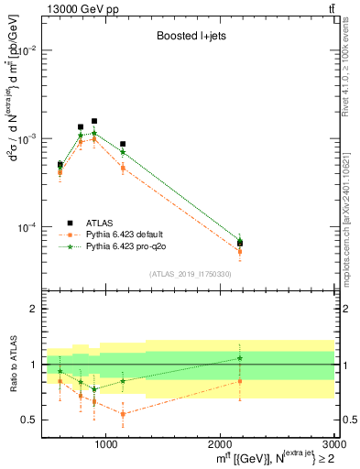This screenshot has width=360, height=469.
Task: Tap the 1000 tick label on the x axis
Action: point(106,444)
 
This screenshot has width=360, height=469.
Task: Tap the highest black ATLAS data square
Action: point(94,121)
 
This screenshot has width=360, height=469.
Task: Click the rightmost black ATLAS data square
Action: point(240,243)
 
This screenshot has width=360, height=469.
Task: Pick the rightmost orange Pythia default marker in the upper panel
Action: point(240,251)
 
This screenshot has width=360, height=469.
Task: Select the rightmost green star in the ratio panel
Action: point(240,358)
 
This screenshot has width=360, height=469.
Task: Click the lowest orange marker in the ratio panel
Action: point(123,414)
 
